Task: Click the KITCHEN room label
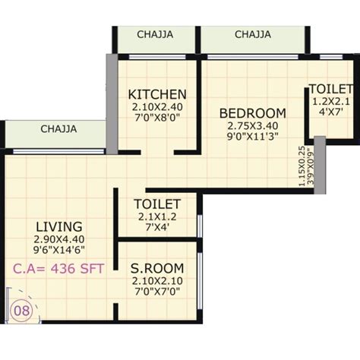[157, 94]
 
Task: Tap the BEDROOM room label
[253, 113]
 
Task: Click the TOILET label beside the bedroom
[329, 89]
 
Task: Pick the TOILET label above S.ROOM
[156, 204]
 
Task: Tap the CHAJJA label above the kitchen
[155, 34]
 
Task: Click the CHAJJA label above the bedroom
[253, 34]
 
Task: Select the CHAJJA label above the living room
[58, 128]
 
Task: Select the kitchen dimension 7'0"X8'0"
[157, 119]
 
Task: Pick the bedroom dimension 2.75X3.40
[253, 127]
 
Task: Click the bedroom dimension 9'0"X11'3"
[253, 139]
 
